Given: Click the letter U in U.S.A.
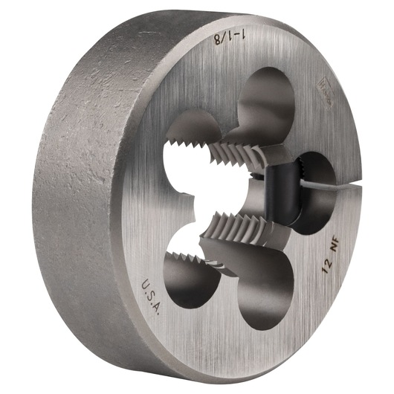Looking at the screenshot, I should coord(145,282).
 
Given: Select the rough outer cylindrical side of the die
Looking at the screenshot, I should coord(82,186).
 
